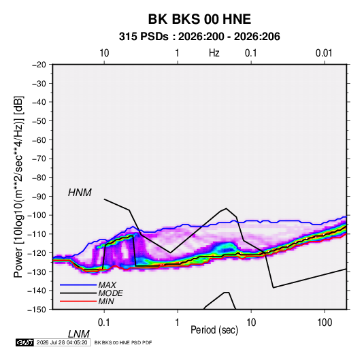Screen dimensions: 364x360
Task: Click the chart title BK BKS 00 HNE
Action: (x=199, y=19)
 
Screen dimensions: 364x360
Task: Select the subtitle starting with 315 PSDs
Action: (x=199, y=37)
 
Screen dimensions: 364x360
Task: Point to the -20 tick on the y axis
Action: (x=39, y=65)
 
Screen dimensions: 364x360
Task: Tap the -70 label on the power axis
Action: (x=39, y=159)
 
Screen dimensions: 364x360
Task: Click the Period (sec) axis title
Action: (x=214, y=330)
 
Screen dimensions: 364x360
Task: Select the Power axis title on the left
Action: (x=18, y=186)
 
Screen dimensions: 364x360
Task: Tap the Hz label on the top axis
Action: (x=214, y=53)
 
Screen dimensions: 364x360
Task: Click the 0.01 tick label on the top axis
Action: (x=324, y=53)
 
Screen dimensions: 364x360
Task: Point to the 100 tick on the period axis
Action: (x=325, y=323)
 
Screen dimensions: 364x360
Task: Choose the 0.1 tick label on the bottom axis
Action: (x=103, y=323)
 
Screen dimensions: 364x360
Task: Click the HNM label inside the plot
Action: (x=80, y=193)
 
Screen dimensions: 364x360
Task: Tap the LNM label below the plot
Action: (x=78, y=334)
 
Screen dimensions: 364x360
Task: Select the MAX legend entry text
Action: (x=107, y=285)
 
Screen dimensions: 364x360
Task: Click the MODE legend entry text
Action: (x=110, y=293)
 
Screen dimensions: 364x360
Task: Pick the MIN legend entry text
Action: (x=106, y=301)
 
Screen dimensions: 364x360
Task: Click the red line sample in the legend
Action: (x=78, y=301)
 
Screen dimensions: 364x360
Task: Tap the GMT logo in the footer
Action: (x=24, y=342)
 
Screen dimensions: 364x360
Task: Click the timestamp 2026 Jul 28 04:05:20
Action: (x=62, y=342)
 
